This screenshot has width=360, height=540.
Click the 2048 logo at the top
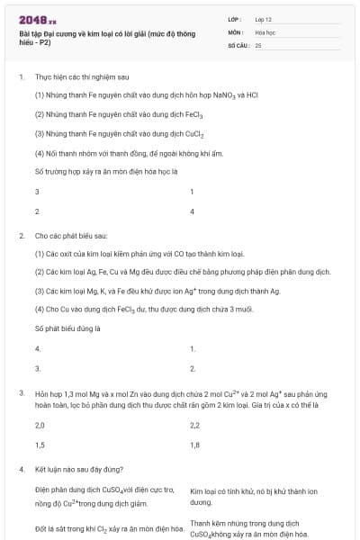[37, 19]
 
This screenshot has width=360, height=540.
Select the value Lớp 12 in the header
[263, 19]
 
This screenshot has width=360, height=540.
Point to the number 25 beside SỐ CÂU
[258, 44]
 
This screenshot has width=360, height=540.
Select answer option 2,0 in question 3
[40, 425]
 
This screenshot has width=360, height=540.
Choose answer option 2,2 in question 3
[195, 425]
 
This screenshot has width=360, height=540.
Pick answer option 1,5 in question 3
[40, 445]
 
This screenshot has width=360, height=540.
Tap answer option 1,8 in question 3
[195, 445]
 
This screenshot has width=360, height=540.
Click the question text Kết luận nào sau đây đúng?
[79, 469]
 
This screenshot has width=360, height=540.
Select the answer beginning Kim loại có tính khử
[253, 497]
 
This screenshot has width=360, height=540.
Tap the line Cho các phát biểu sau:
[70, 235]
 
